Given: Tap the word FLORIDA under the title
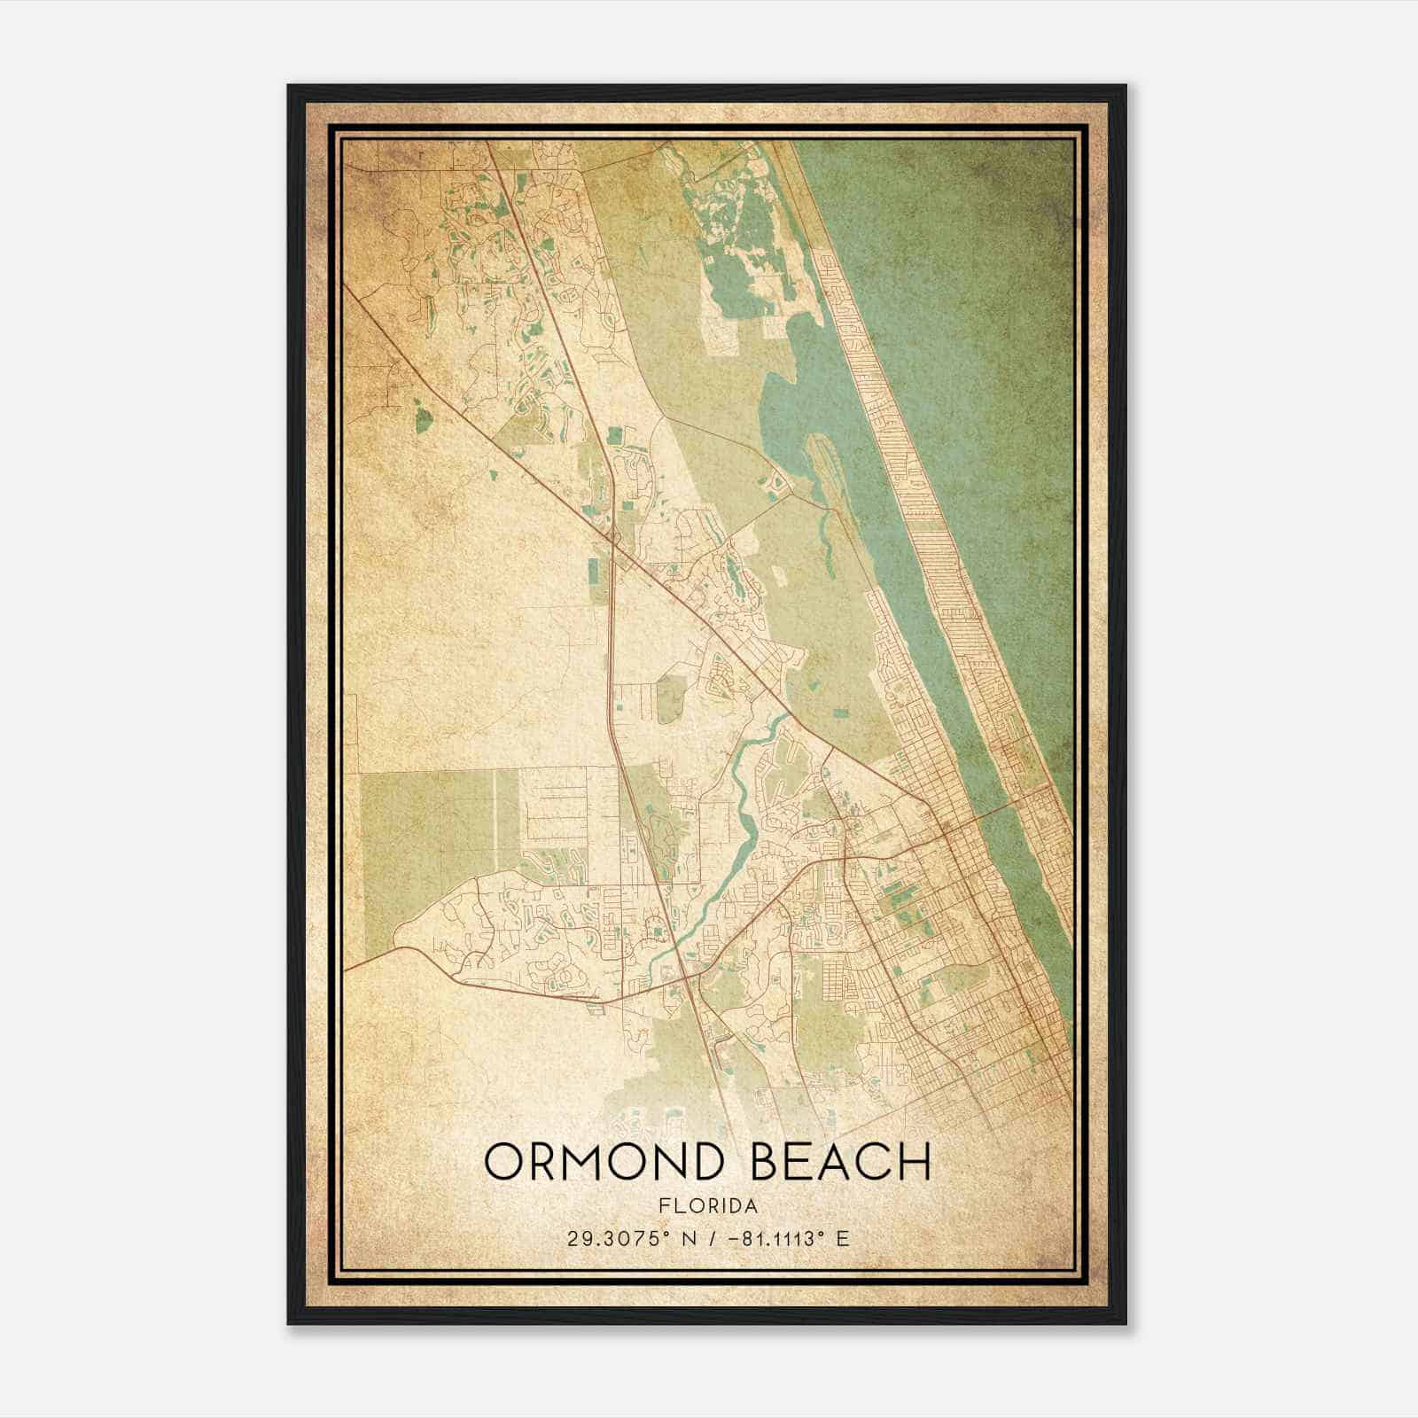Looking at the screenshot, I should [708, 1206].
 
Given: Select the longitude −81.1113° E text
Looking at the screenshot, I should [787, 1238].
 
